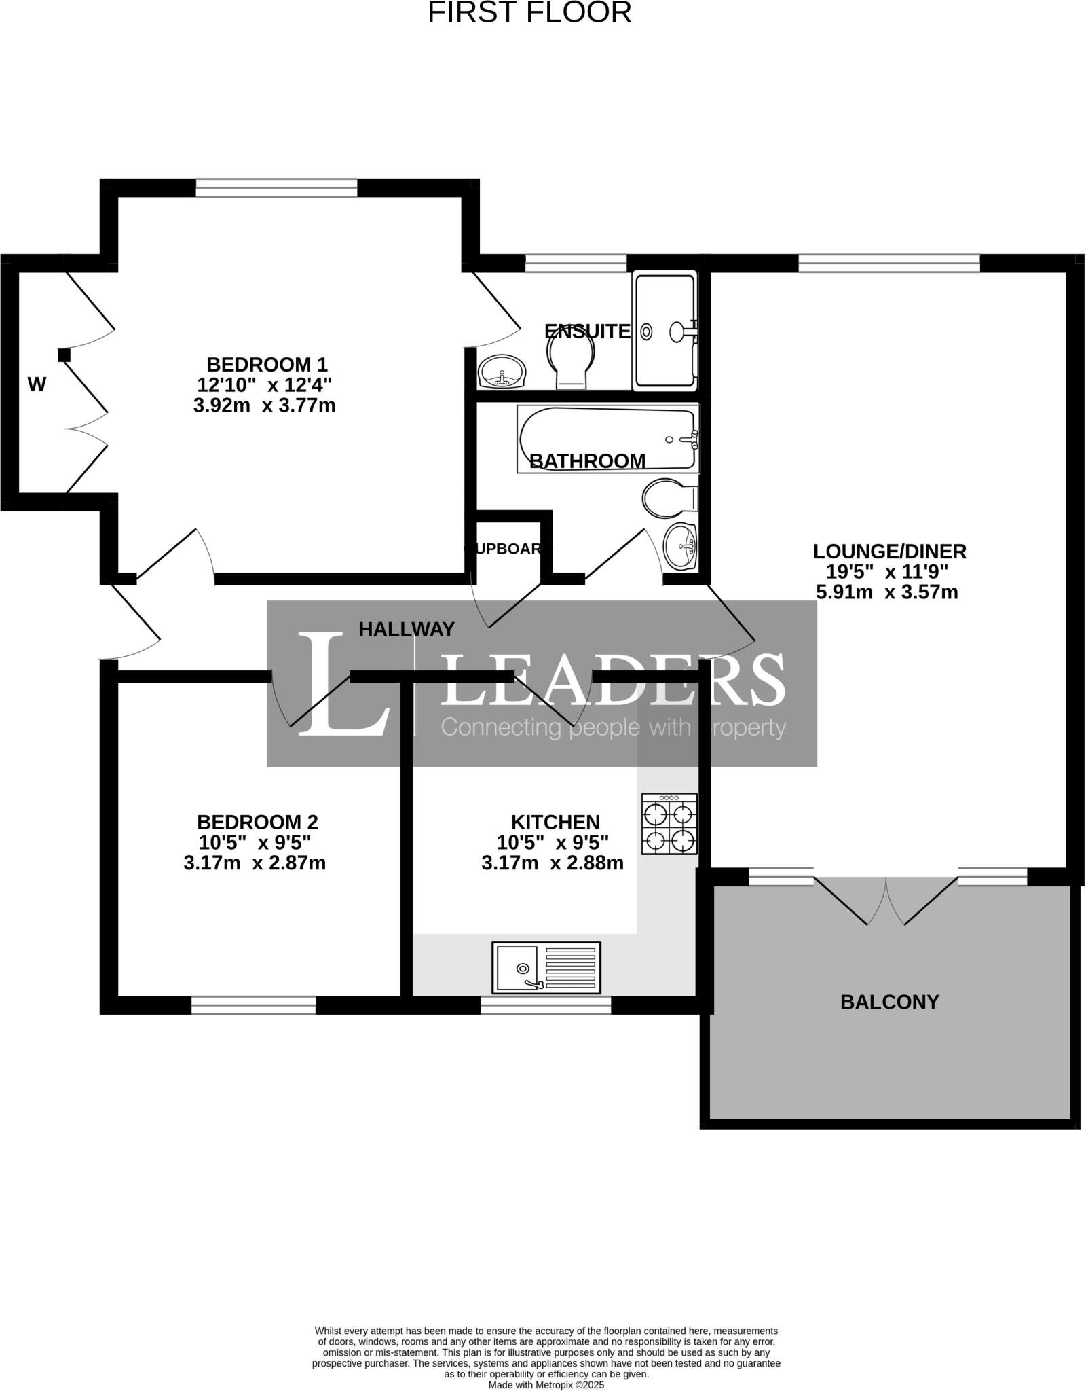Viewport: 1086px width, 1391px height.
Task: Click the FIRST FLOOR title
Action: click(529, 12)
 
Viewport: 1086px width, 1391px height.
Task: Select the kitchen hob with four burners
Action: click(669, 824)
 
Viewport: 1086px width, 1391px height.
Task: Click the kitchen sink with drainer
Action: click(546, 967)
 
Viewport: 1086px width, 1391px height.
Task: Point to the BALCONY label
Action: click(889, 1002)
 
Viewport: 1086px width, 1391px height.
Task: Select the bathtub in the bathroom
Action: click(608, 439)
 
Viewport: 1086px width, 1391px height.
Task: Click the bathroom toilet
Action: click(669, 497)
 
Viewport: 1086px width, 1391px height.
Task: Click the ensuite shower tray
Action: click(664, 331)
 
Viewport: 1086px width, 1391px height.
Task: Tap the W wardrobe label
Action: click(37, 385)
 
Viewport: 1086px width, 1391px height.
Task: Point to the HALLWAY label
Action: click(407, 630)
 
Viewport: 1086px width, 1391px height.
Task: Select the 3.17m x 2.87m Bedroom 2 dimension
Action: click(255, 863)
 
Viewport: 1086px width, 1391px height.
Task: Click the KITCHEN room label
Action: click(555, 823)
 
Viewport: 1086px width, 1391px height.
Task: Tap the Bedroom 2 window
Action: click(253, 1005)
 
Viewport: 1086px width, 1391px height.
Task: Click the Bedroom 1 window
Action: click(276, 187)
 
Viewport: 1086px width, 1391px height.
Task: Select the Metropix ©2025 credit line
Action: click(546, 1384)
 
